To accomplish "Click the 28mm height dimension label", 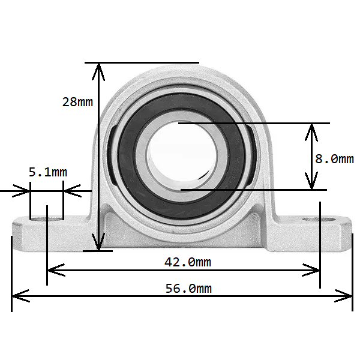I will click(x=77, y=101).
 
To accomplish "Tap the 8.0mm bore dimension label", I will click(x=334, y=158).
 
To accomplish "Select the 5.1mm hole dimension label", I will click(x=48, y=173).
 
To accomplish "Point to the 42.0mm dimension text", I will click(x=187, y=262).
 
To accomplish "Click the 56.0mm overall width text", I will click(x=188, y=289).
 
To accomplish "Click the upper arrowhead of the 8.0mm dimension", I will click(x=311, y=128).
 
